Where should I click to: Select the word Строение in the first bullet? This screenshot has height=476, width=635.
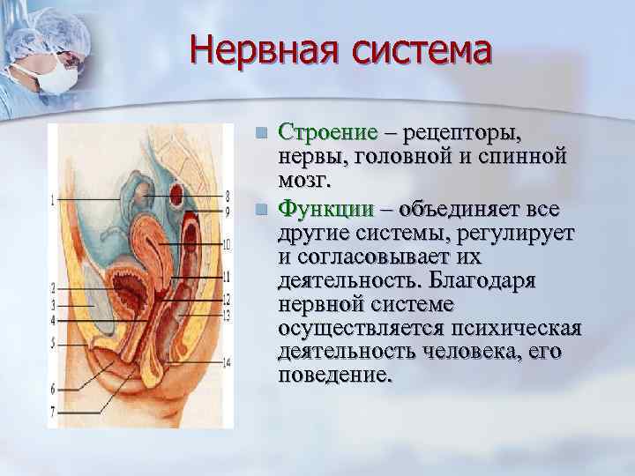click(x=326, y=134)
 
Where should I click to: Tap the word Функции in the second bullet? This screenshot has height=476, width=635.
click(x=325, y=210)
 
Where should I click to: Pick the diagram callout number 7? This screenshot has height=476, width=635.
click(x=54, y=411)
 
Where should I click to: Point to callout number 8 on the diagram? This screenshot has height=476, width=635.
click(x=227, y=195)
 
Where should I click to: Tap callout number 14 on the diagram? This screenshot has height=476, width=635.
click(x=227, y=361)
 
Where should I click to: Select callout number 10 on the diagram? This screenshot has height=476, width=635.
click(x=227, y=243)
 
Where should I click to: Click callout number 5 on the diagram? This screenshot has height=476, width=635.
click(x=54, y=342)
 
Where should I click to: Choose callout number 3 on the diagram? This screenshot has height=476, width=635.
click(x=54, y=304)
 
